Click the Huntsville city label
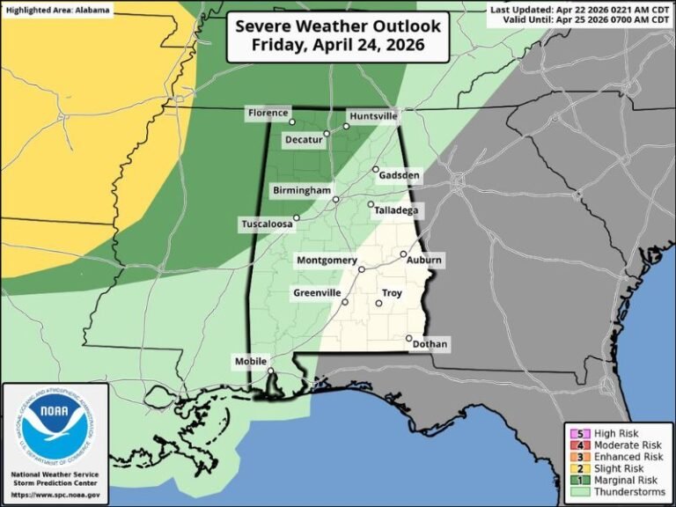point(373,116)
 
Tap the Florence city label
point(267,114)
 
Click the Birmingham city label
point(300,190)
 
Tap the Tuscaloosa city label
point(267,224)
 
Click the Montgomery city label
point(327,261)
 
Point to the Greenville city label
point(317,292)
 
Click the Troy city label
point(392,292)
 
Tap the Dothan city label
point(429,344)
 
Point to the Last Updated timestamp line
point(581,8)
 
